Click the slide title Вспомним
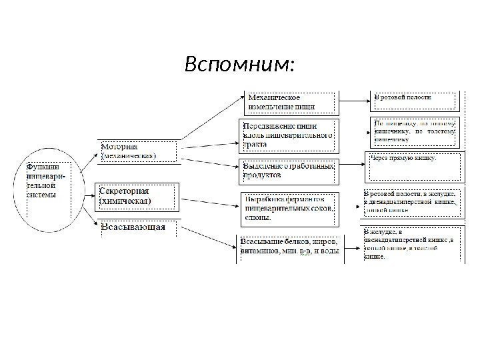click(239, 65)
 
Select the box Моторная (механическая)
click(139, 151)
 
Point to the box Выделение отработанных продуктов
click(289, 170)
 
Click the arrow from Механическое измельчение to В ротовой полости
click(355, 101)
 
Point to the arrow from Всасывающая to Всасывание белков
click(210, 233)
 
